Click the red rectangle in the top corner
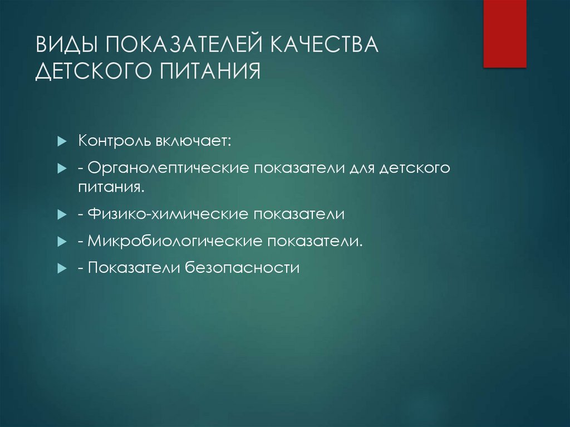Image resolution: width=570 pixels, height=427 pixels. [504, 33]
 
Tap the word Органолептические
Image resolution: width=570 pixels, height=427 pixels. [168, 168]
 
